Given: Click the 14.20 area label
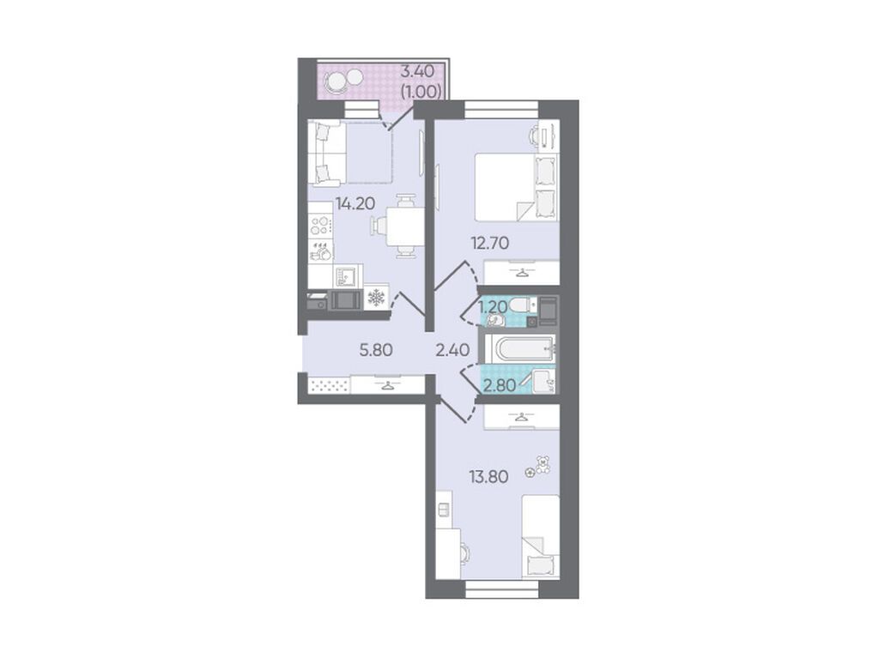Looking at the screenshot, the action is (x=355, y=203).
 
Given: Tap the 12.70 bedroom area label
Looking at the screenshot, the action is (x=490, y=243).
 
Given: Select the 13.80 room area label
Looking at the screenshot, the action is (x=488, y=477).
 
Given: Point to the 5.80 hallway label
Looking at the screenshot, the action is (x=376, y=350).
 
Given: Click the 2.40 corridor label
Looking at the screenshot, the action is (x=452, y=350).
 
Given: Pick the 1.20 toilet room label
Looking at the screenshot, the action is (x=493, y=306).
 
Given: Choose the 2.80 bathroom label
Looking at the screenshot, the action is (x=500, y=384).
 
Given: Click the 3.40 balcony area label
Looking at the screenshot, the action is (x=418, y=71).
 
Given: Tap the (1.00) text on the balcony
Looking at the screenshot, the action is (x=421, y=91).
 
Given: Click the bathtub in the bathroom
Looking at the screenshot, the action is (x=519, y=349).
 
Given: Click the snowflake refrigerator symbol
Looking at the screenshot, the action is (x=375, y=298).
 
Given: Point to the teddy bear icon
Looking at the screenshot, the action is (x=543, y=465).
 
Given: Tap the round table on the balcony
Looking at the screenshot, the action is (x=336, y=82).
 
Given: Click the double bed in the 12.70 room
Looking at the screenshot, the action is (x=518, y=188).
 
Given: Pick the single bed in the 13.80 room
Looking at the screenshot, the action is (x=541, y=536).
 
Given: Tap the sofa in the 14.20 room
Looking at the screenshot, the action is (x=324, y=153).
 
